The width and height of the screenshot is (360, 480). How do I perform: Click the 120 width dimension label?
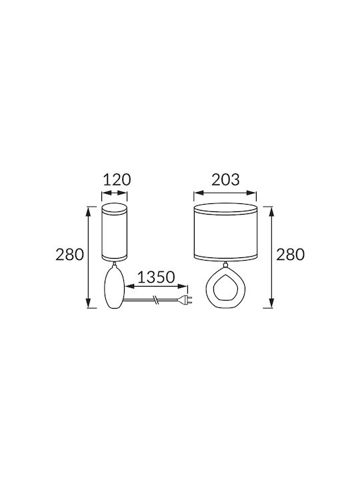point(117,180)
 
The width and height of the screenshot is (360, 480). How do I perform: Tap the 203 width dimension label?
point(225,180)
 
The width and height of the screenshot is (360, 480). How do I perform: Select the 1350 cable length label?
point(156,277)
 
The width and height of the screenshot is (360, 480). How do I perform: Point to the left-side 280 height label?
point(69,255)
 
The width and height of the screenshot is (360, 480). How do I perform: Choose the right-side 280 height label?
point(291,255)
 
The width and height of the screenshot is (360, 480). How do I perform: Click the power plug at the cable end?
point(185,300)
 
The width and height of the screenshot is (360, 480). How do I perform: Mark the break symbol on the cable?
point(156,300)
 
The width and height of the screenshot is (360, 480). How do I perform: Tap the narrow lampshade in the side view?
point(115,232)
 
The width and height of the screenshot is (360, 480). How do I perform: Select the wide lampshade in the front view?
point(226,232)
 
